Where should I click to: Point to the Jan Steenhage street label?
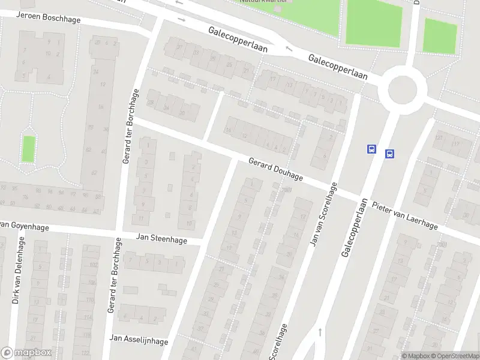[x=161, y=238]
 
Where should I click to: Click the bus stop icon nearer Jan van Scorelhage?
[x=371, y=149]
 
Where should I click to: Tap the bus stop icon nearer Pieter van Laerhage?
[x=389, y=154]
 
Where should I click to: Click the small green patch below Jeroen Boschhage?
[x=28, y=149]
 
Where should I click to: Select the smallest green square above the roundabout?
[x=440, y=35]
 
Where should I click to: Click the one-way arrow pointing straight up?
[x=320, y=331]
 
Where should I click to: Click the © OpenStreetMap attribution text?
[x=455, y=356]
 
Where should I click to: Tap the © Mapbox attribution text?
[x=416, y=356]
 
